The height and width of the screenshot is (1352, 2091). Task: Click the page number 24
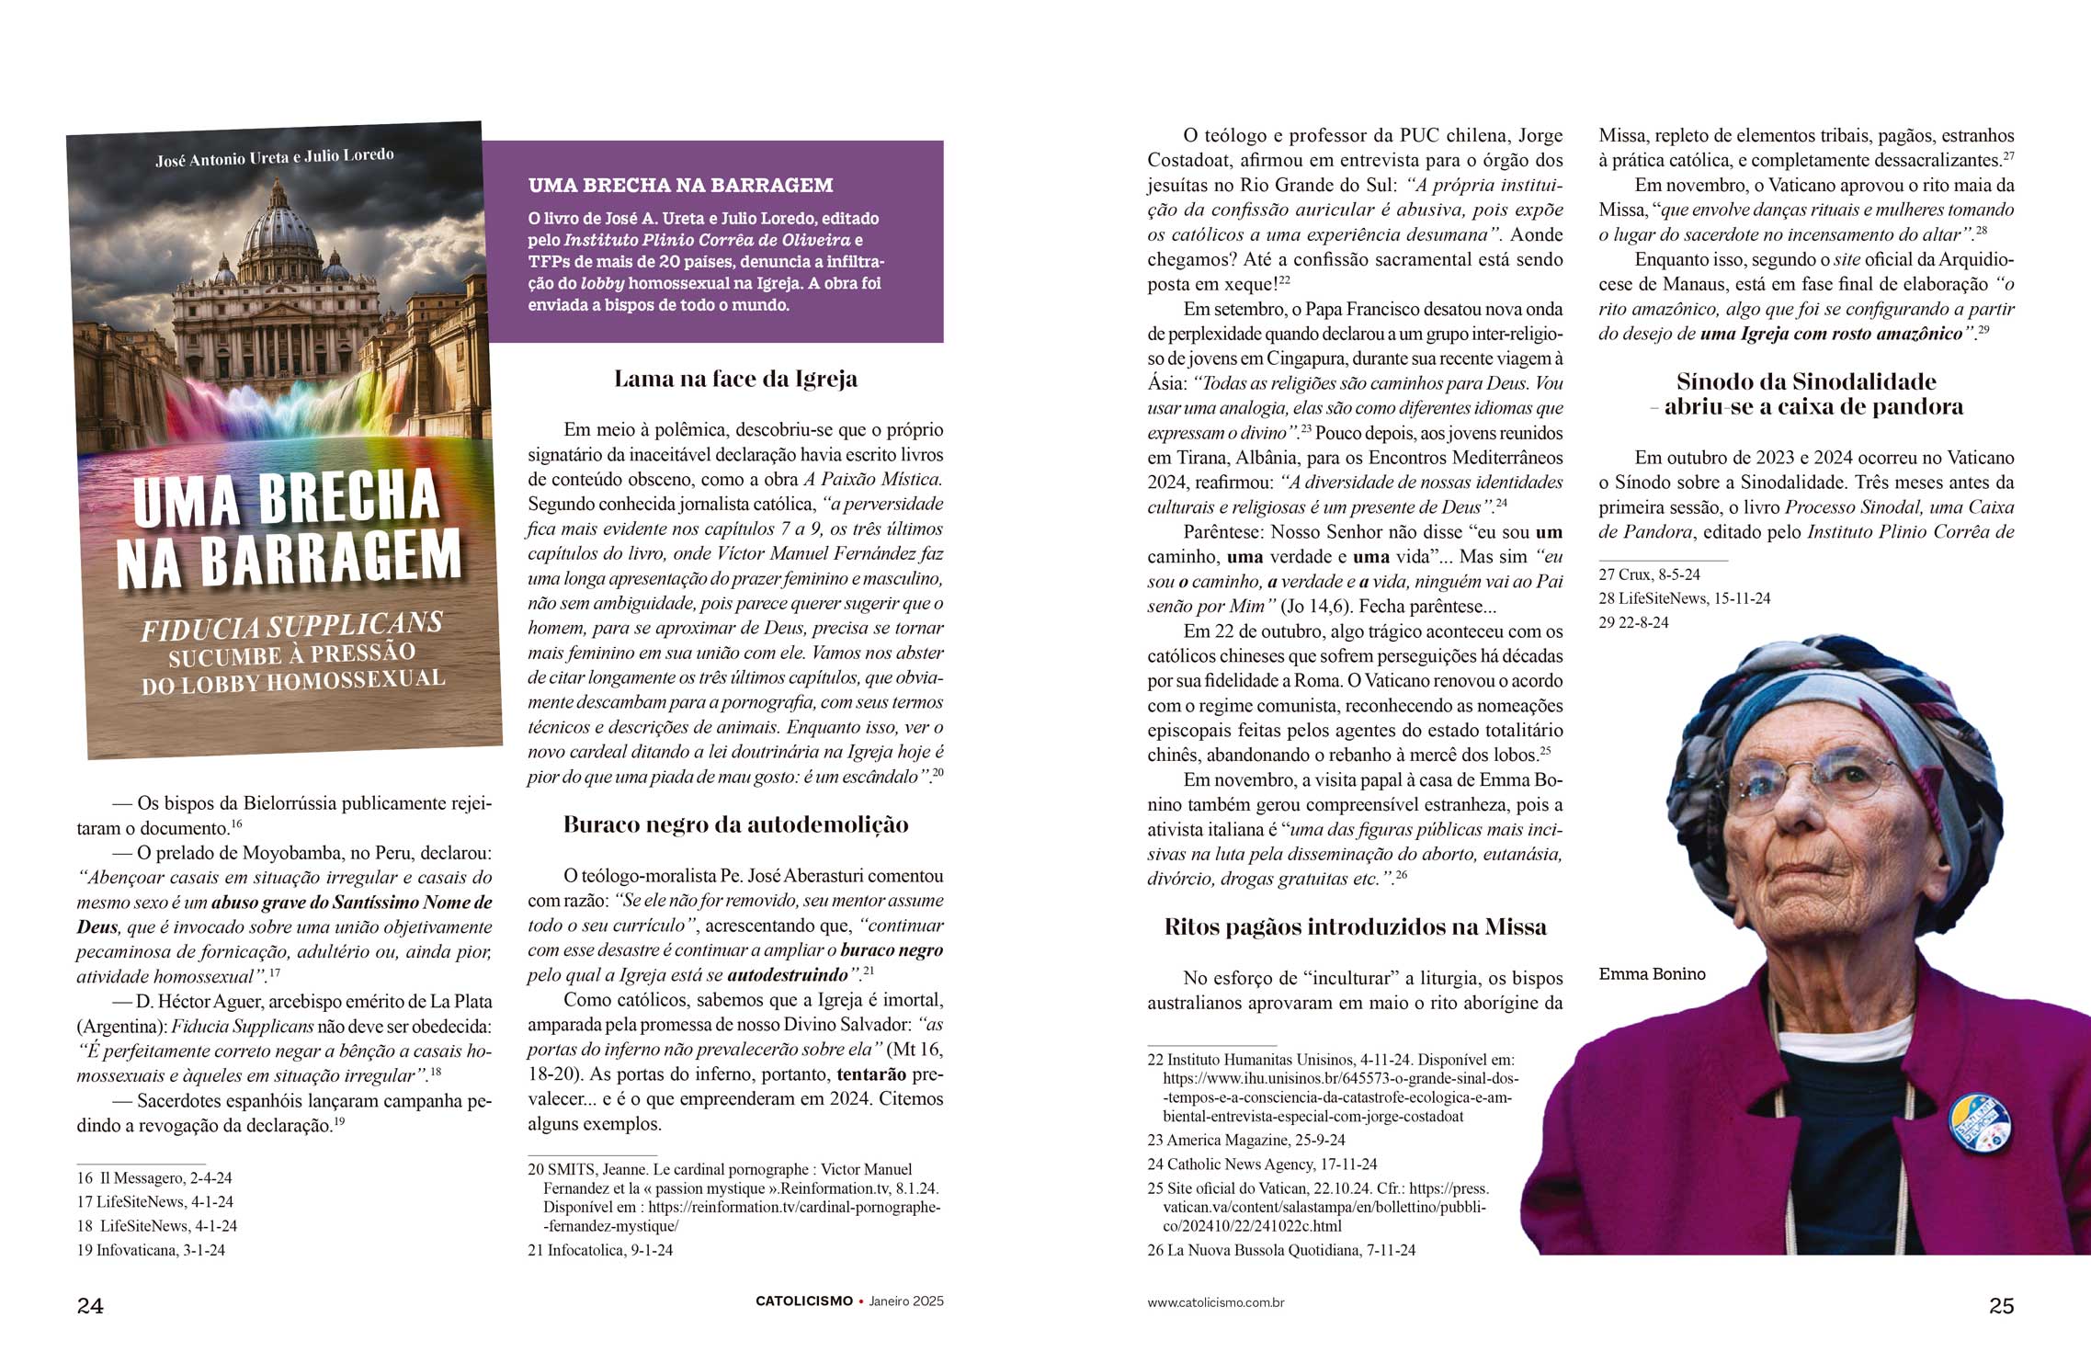pos(90,1305)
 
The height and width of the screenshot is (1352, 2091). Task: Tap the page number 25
pos(2001,1305)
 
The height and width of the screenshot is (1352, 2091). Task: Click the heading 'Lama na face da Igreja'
pos(735,379)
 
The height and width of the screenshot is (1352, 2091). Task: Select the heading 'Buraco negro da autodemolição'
pos(735,824)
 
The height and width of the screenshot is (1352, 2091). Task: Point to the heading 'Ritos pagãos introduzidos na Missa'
pos(1355,926)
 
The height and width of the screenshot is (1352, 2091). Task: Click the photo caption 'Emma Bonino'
pos(1652,974)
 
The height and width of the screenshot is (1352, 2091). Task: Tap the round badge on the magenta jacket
pos(1979,1122)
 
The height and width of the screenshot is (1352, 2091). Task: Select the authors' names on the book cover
pos(275,157)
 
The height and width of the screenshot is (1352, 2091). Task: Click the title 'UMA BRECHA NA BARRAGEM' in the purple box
pos(680,185)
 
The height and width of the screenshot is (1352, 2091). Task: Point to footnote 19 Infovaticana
pos(152,1250)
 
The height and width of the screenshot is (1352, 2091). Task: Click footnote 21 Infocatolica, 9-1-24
pos(600,1250)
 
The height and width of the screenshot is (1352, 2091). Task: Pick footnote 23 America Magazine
pos(1245,1140)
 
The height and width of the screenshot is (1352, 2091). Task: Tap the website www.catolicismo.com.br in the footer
pos(1215,1302)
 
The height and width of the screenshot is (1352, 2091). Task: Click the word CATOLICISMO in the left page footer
pos(803,1301)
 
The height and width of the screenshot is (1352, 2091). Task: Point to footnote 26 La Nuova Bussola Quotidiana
pos(1281,1250)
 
